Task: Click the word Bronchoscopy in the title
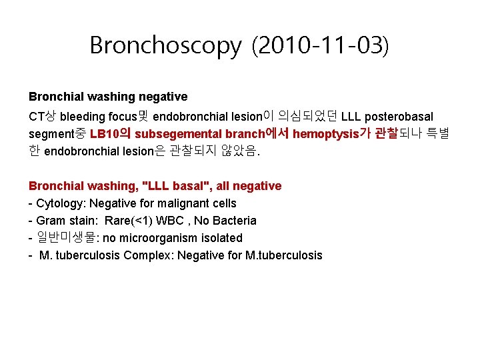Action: pos(165,45)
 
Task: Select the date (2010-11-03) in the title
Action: pos(319,45)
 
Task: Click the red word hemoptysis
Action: pos(325,134)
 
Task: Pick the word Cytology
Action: pos(59,203)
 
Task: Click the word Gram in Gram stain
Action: pos(51,221)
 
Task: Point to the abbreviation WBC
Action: pos(175,221)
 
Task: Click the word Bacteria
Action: pos(234,221)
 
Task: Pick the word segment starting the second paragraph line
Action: pos(52,134)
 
